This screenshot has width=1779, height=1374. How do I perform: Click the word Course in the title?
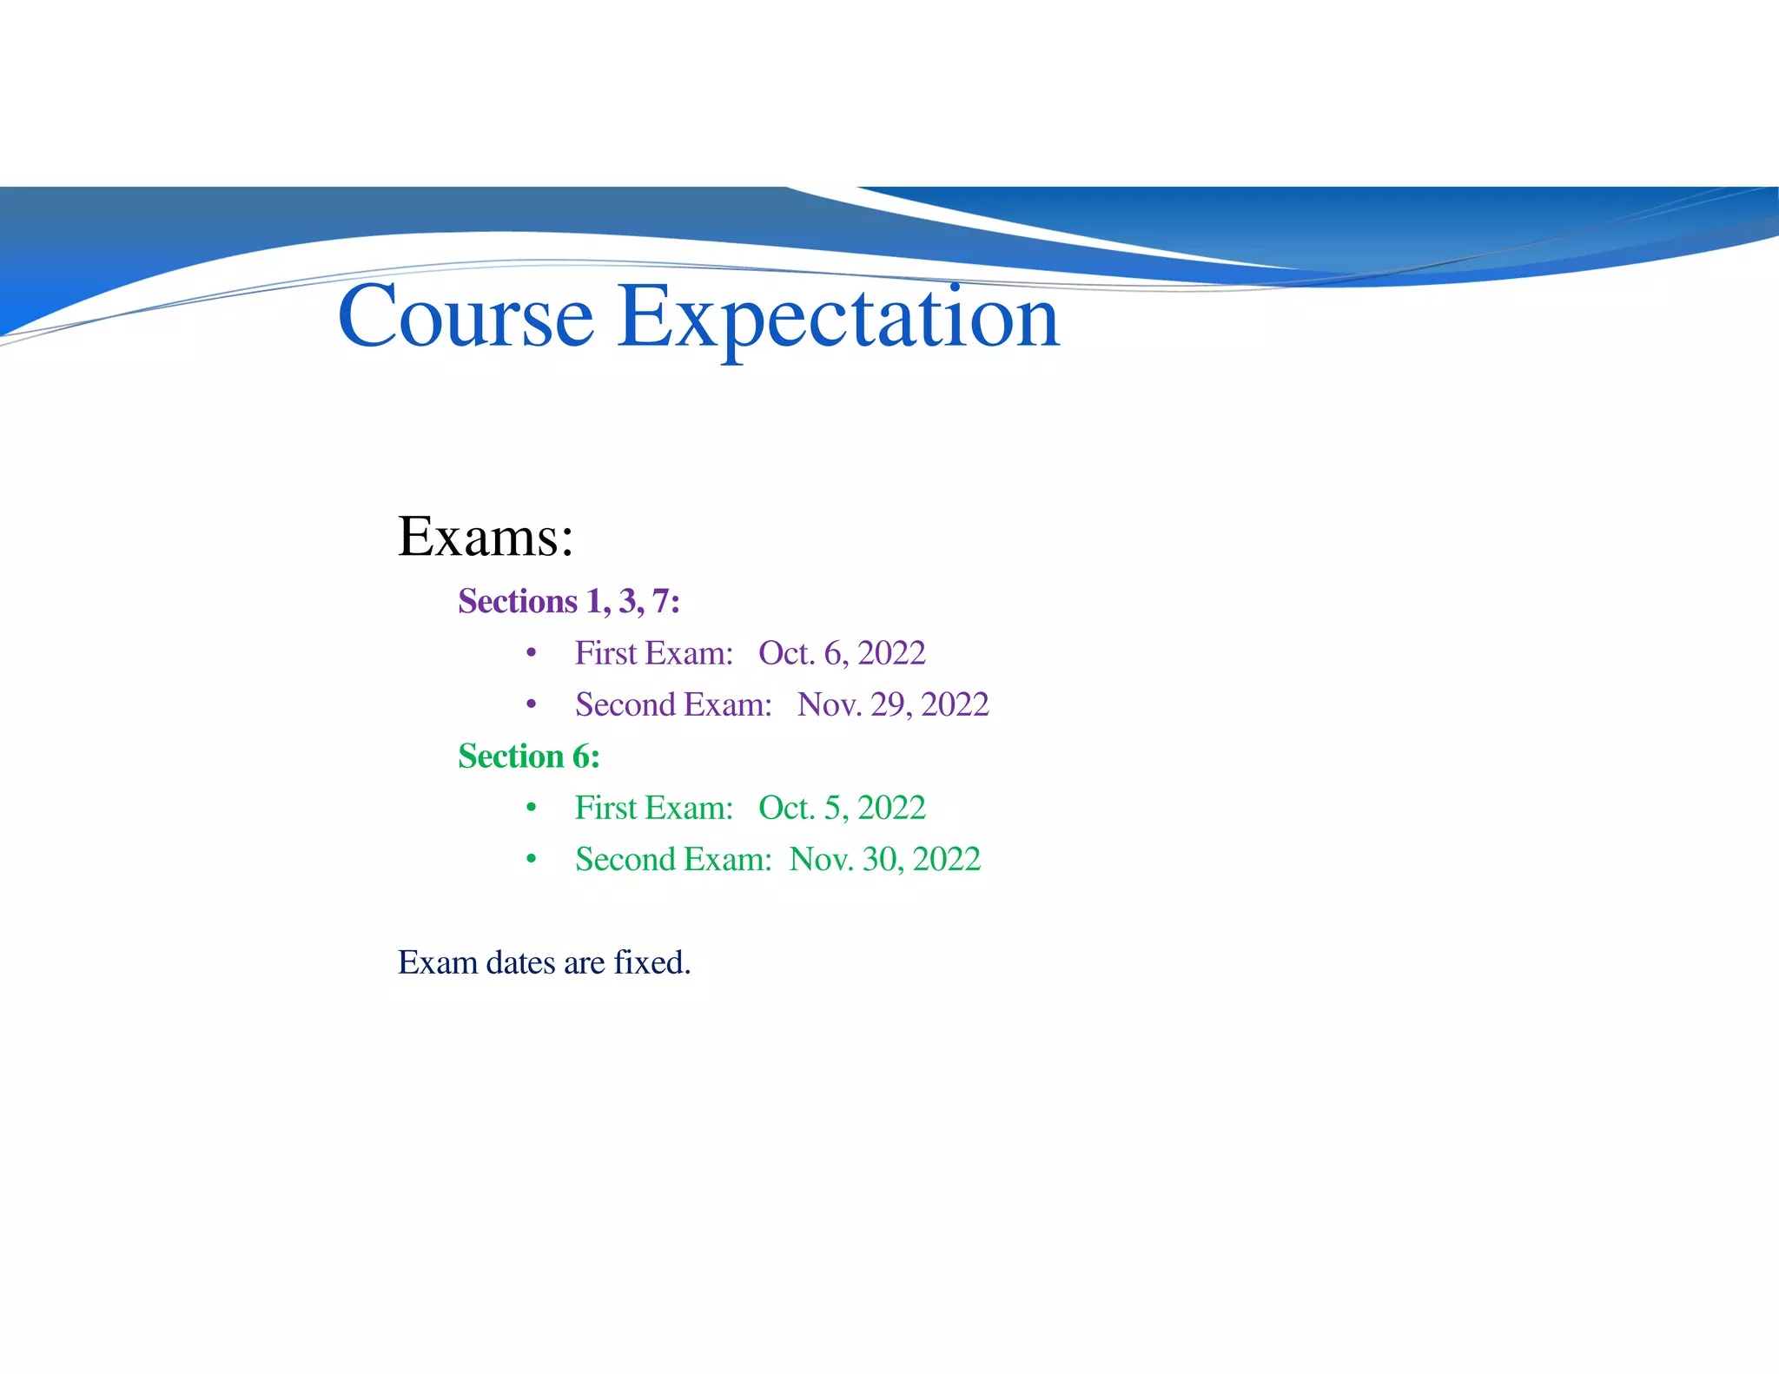(466, 317)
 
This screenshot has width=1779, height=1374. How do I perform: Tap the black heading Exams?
(486, 537)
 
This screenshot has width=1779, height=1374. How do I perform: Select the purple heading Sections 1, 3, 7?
(569, 601)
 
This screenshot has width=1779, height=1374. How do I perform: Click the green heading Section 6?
(529, 756)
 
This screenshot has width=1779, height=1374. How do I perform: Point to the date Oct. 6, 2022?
(842, 653)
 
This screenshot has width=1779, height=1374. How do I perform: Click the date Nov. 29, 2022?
(893, 704)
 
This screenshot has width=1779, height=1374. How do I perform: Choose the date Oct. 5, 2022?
(842, 808)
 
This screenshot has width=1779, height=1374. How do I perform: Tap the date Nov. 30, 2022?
(885, 859)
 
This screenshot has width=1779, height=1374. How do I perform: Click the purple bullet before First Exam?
(531, 653)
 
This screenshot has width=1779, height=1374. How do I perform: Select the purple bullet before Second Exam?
(531, 704)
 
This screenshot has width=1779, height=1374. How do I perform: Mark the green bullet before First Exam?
(531, 809)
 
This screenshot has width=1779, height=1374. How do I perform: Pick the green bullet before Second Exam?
(531, 860)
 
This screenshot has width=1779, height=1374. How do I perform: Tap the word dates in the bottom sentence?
(520, 963)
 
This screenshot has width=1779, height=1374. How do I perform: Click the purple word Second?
(625, 704)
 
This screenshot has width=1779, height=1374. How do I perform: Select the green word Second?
(625, 859)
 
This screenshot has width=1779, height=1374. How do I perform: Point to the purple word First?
(606, 653)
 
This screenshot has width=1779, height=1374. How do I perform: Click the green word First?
(606, 808)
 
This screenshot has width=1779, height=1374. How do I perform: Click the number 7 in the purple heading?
(661, 601)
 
